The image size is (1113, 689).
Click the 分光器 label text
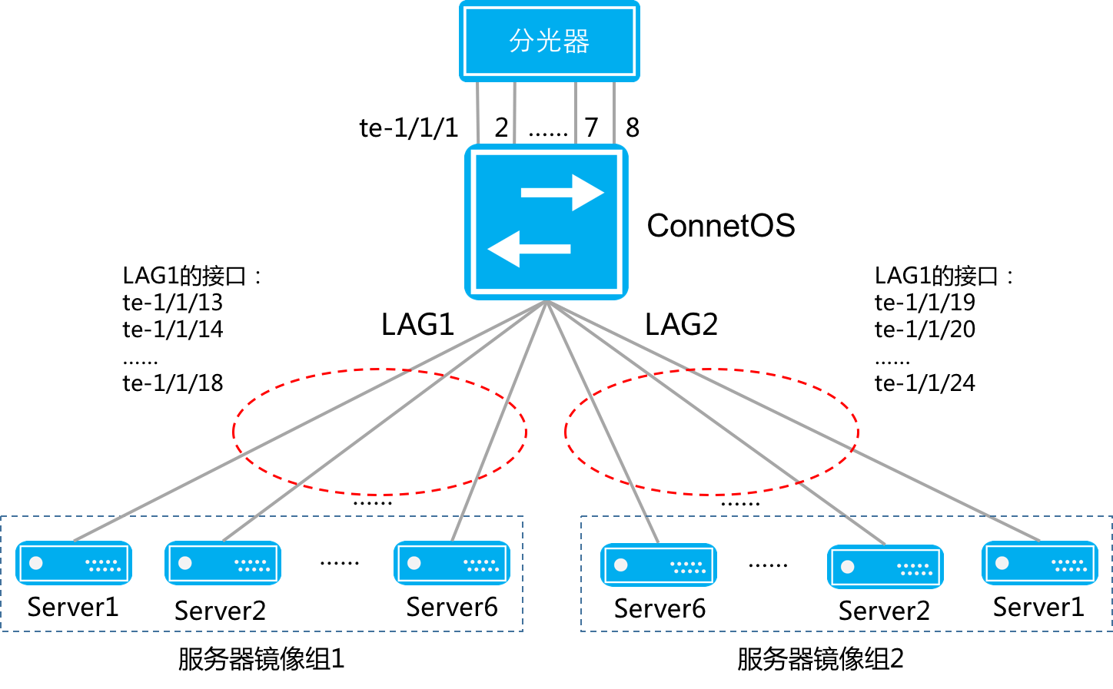549,41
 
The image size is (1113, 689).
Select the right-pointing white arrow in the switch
562,192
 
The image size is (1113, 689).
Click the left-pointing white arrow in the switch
529,249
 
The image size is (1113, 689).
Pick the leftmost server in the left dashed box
74,563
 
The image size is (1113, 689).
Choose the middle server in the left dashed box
223,563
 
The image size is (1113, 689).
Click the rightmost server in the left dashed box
452,563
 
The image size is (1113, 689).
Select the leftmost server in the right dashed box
659,565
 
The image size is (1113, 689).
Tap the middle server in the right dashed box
885,567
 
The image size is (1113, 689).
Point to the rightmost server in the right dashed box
1040,563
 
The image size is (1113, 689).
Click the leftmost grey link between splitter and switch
478,112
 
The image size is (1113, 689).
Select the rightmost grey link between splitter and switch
614,112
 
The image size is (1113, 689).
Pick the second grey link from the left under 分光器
514,112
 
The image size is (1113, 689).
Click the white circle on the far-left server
36,563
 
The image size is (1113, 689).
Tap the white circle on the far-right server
1002,563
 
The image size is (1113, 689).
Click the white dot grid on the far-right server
1071,565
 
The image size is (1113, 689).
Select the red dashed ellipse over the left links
234,432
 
